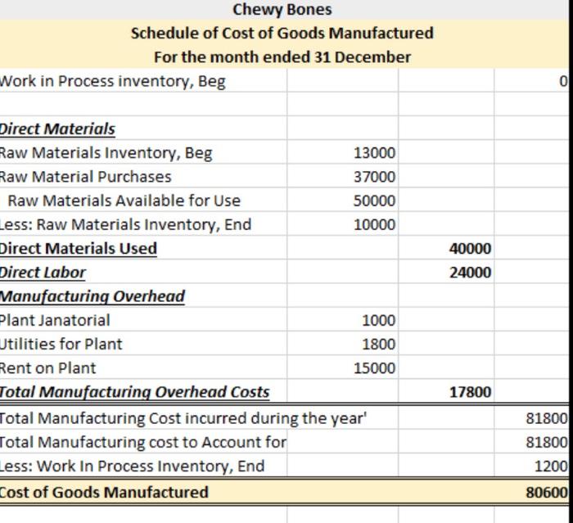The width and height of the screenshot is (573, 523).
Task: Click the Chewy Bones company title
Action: tap(282, 10)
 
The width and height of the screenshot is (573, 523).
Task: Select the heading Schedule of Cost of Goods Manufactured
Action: tap(282, 34)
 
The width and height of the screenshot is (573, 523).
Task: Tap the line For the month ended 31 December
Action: tap(282, 57)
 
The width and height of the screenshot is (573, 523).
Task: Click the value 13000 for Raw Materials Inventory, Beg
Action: tap(374, 153)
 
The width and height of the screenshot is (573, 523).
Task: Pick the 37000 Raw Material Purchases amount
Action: tap(374, 177)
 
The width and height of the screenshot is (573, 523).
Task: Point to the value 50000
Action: tap(374, 201)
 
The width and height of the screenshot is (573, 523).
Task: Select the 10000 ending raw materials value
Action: tap(374, 224)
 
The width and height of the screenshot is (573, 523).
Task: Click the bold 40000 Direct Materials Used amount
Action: tap(471, 249)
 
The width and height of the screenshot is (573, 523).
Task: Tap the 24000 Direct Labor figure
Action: tap(471, 273)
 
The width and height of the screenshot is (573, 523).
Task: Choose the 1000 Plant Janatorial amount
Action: tap(378, 321)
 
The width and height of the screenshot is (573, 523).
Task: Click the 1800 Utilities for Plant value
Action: tap(378, 345)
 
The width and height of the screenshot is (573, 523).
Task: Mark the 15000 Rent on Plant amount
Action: tap(374, 368)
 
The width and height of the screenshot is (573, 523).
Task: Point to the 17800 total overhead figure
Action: tap(471, 392)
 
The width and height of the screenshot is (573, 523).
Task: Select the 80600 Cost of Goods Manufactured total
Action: tap(547, 493)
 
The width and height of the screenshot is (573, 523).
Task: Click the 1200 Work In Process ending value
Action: tap(551, 467)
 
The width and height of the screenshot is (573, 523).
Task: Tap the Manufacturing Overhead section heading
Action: tap(92, 297)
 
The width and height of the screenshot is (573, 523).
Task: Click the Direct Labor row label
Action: tap(43, 273)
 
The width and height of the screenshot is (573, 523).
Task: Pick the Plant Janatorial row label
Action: tap(55, 321)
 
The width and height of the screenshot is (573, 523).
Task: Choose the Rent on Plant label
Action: tap(47, 368)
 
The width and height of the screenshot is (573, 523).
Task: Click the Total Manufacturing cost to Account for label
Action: tap(143, 443)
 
